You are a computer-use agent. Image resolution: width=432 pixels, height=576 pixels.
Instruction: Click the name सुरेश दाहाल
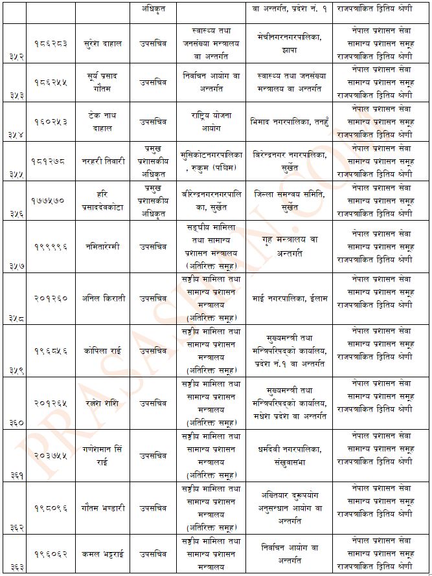coord(104,44)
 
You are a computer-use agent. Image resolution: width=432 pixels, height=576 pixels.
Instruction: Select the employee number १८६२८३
coord(50,44)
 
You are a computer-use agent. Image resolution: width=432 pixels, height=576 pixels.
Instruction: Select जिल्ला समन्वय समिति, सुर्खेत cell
coord(290,200)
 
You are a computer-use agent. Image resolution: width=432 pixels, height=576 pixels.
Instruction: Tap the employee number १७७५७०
coord(50,201)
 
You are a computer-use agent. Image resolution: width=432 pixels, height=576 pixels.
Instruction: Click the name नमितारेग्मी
coord(104,247)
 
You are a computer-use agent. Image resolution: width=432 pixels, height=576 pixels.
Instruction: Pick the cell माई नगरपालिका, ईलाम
coord(290,298)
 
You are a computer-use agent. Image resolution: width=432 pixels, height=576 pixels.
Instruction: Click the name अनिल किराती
coord(104,298)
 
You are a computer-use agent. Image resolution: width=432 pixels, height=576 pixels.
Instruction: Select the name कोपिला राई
coord(104,351)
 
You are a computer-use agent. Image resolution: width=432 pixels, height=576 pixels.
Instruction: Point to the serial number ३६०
coord(14,423)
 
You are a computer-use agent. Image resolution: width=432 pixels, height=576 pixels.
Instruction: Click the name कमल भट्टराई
coord(104,555)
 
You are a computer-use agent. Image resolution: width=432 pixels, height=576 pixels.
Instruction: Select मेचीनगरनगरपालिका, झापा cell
coord(290,44)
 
